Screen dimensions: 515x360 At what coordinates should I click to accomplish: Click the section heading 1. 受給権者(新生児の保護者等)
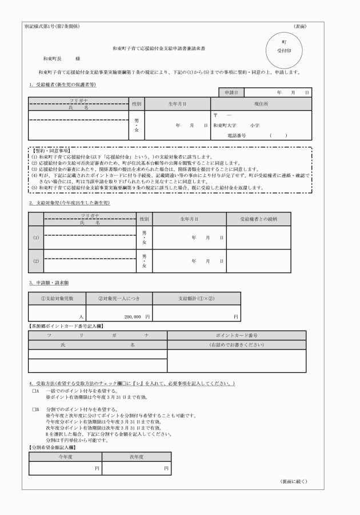point(63,85)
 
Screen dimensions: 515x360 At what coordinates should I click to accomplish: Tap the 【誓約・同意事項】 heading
point(50,150)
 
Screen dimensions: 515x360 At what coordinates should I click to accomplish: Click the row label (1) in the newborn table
point(36,238)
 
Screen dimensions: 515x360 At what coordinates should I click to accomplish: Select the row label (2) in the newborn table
point(36,261)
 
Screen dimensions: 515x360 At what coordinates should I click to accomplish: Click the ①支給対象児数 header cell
point(57,299)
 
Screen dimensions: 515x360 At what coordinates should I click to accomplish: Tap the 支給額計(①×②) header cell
point(196,299)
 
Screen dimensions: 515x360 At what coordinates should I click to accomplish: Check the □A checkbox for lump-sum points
point(34,392)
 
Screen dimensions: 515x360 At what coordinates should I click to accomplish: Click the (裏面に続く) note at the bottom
point(294,481)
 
